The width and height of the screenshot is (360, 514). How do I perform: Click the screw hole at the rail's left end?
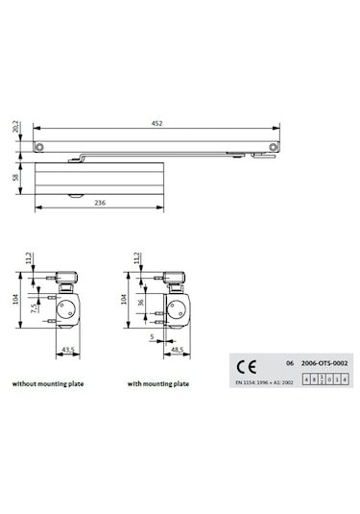40,145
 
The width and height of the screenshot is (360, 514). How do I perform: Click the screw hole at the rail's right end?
274,145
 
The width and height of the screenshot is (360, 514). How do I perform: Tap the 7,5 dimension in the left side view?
34,309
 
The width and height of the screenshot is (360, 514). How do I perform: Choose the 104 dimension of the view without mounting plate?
16,300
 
